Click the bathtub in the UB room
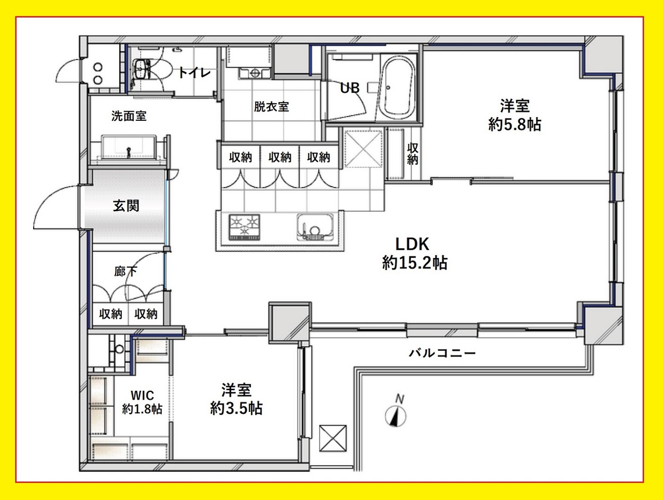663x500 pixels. point(396,88)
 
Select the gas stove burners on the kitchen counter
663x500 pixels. point(244,227)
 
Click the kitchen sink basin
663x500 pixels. point(315,227)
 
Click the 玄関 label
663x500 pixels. point(126,206)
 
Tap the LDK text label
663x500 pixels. point(412,244)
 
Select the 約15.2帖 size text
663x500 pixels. point(415,263)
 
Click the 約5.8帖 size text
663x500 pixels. point(515,124)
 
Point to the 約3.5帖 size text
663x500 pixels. point(236,408)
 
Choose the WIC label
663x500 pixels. point(142,395)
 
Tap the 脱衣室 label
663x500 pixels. point(271,106)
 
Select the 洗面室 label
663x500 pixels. point(129,116)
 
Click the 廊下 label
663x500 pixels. point(125,272)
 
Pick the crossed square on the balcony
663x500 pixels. point(333,438)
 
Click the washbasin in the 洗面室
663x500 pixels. point(129,147)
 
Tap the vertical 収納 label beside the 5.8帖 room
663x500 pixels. point(413,154)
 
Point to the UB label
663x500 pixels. point(350,88)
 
